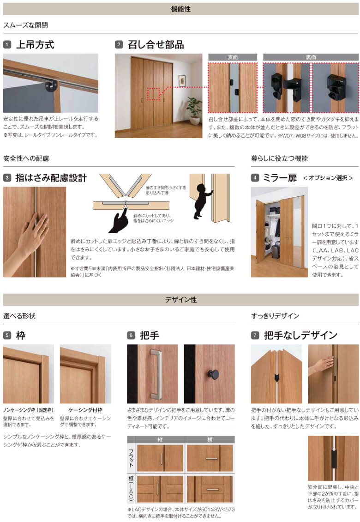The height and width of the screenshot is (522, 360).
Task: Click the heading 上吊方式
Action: [x=35, y=45]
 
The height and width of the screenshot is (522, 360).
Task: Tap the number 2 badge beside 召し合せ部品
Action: [x=119, y=45]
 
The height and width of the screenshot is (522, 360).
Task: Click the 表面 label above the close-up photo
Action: [x=233, y=57]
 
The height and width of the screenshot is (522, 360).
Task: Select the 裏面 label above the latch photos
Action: [x=311, y=57]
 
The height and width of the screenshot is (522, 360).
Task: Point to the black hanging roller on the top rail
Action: [x=52, y=85]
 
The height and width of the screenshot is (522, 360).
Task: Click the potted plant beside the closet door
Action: [x=194, y=110]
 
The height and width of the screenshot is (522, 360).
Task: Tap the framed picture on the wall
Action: [x=182, y=81]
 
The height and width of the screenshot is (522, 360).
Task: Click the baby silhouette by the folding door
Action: [x=201, y=201]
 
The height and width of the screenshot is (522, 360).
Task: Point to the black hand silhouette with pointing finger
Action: [x=120, y=220]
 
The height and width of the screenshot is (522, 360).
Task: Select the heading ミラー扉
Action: [x=280, y=178]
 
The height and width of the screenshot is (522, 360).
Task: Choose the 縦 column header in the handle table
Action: [x=160, y=439]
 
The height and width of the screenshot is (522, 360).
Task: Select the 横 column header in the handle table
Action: [x=210, y=439]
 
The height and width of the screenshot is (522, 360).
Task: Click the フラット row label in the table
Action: [x=132, y=458]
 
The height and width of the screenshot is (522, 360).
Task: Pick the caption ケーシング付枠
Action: [x=85, y=410]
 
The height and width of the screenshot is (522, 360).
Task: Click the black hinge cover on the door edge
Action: [x=334, y=458]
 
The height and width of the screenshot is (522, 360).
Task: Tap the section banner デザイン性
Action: [x=180, y=300]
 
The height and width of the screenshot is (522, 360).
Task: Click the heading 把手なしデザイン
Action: [x=300, y=335]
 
